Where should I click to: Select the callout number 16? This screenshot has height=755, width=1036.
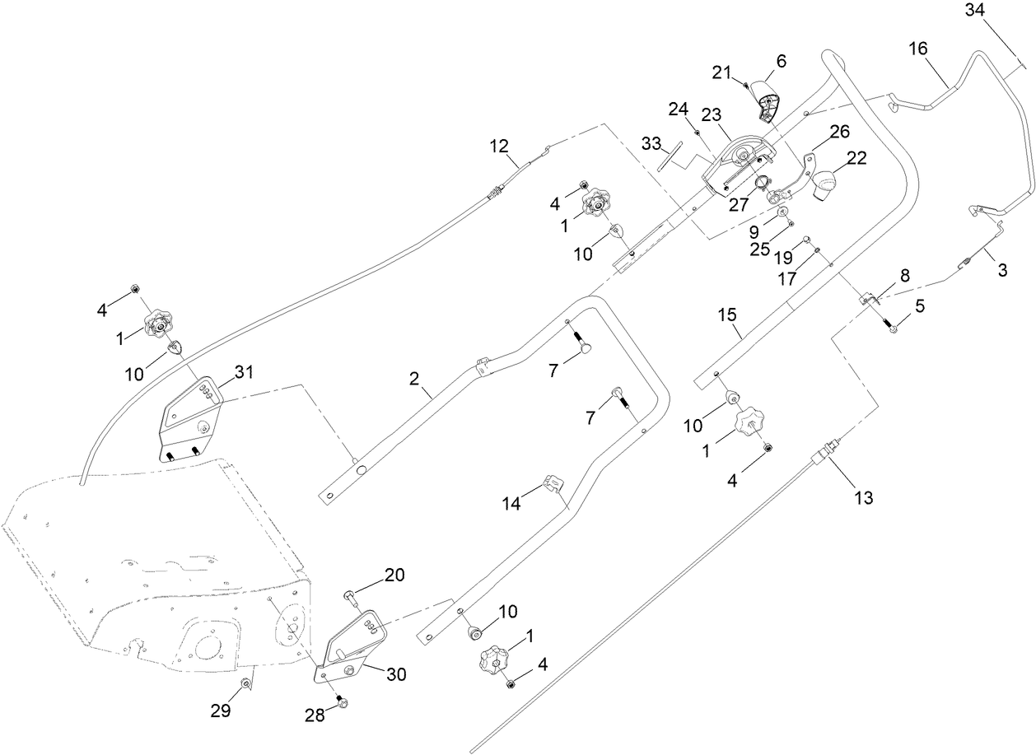[918, 49]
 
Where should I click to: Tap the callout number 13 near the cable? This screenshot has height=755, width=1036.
[864, 497]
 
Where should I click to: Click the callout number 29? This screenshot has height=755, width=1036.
[220, 711]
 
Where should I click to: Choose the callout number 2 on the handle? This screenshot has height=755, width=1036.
[414, 378]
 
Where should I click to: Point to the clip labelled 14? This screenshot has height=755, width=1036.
[551, 484]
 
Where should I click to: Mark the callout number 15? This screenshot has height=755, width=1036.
[727, 315]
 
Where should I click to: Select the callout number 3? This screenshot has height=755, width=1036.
[1001, 269]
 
